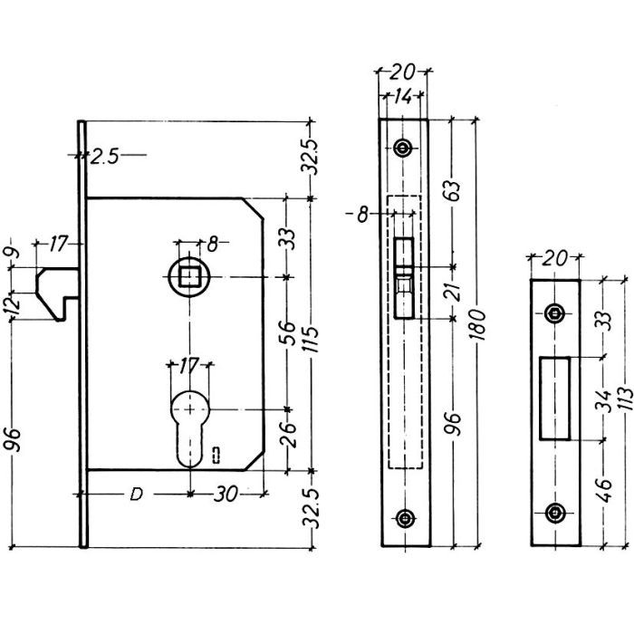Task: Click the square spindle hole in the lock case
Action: pos(190,277)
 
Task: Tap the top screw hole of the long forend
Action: pos(403,148)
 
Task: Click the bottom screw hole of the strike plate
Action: pos(553,513)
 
